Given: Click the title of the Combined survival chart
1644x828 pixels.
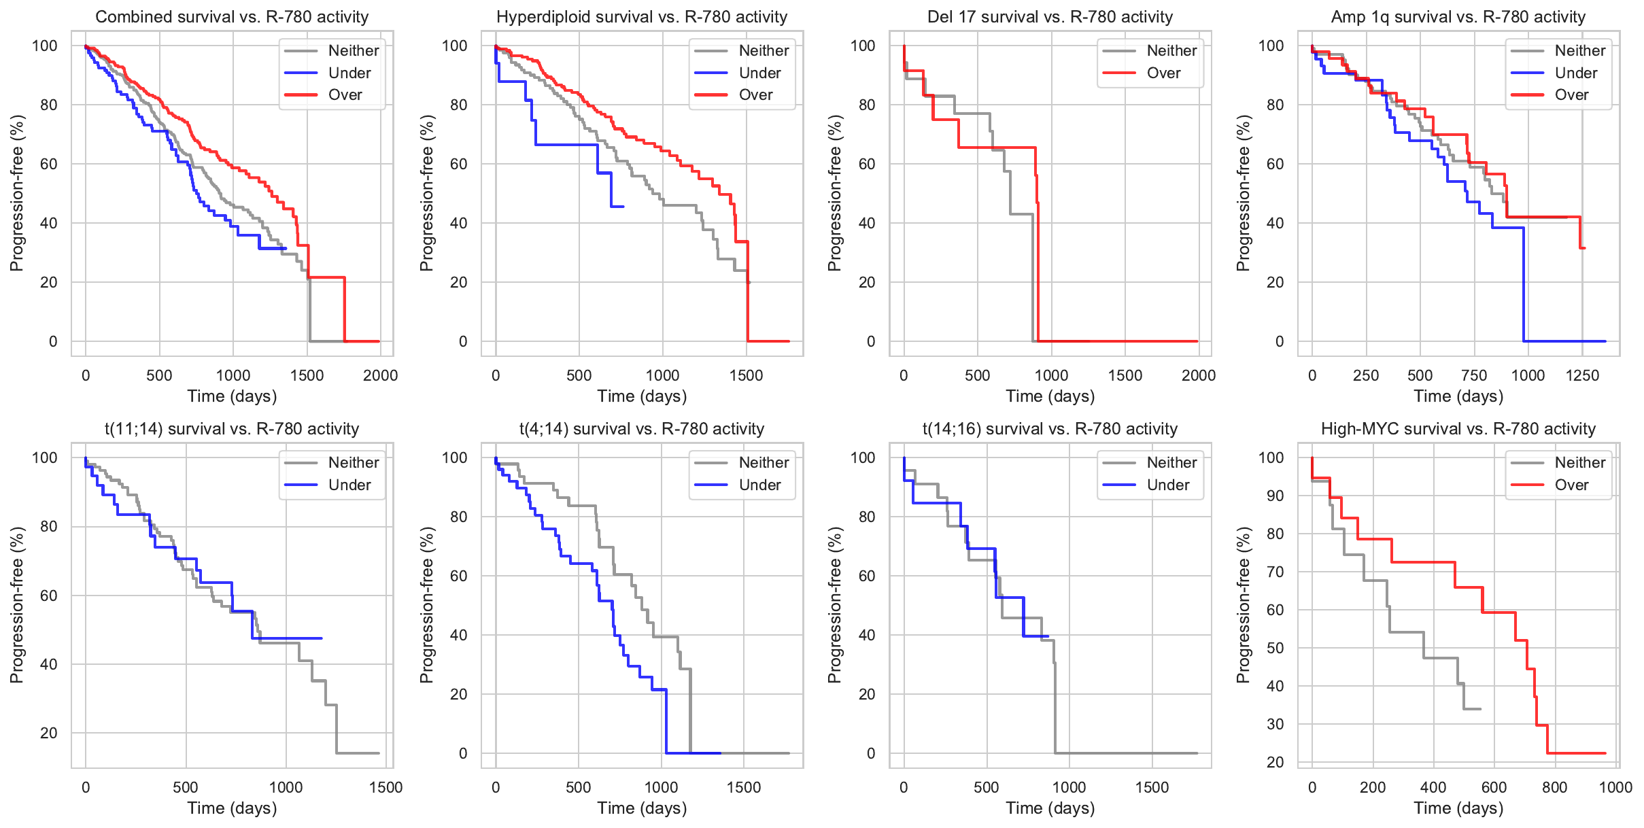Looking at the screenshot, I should point(232,16).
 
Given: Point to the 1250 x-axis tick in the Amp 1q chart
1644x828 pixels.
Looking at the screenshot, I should point(1582,375).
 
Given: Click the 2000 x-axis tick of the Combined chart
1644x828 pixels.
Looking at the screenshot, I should point(380,375).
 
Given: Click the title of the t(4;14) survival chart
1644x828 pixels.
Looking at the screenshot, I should point(642,429).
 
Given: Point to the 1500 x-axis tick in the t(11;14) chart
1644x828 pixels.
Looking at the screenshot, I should point(386,787).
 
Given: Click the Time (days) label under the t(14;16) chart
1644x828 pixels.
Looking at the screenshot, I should point(1050,808).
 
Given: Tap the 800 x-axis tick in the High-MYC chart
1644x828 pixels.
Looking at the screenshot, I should point(1554,787).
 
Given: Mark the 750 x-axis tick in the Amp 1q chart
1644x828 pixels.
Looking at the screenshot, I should point(1474,375).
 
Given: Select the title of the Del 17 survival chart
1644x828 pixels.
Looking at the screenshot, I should point(1050,16).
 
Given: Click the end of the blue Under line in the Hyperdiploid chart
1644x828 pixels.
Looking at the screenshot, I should point(623,206).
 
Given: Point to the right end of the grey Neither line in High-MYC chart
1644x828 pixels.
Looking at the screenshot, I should point(1480,709).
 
